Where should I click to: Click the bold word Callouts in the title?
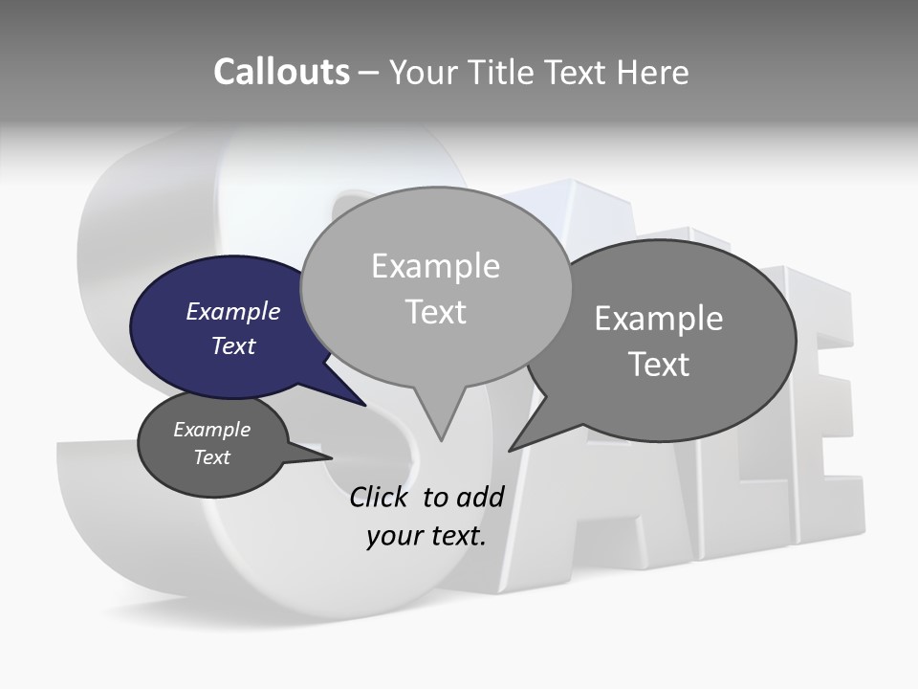(281, 72)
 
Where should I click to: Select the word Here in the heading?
(652, 72)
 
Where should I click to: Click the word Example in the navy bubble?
(232, 312)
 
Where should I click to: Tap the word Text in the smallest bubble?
(212, 457)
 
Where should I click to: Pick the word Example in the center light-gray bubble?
(435, 266)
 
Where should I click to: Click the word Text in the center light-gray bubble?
(435, 312)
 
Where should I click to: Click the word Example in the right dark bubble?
(659, 319)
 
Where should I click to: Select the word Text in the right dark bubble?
(659, 365)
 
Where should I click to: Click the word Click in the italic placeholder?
(382, 497)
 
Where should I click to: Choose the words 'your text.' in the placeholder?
(426, 536)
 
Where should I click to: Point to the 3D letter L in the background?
(727, 498)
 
